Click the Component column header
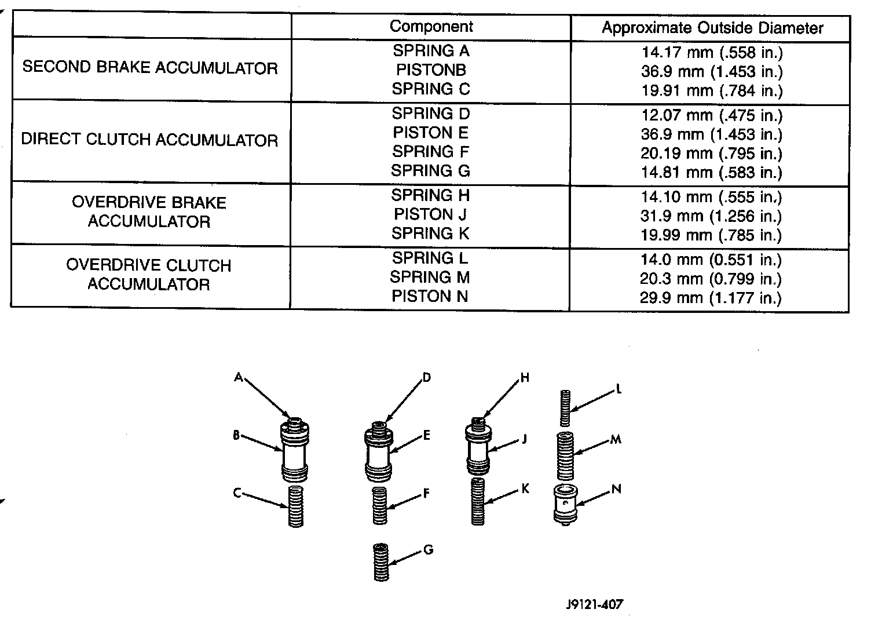[x=431, y=27]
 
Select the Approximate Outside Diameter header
[x=712, y=28]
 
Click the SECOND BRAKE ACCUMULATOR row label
[x=150, y=68]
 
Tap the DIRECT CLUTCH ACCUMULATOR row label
[x=149, y=140]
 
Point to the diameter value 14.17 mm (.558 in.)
[x=712, y=53]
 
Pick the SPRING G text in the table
[x=430, y=171]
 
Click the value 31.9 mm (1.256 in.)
[x=712, y=216]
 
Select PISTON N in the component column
[x=430, y=297]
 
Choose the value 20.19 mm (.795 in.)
[x=712, y=154]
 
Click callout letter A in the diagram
[x=238, y=377]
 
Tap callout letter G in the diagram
[x=429, y=550]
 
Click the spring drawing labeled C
[x=296, y=506]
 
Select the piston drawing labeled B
[x=294, y=452]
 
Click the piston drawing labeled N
[x=565, y=503]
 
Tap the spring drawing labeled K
[x=478, y=502]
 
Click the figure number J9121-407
[x=595, y=604]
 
